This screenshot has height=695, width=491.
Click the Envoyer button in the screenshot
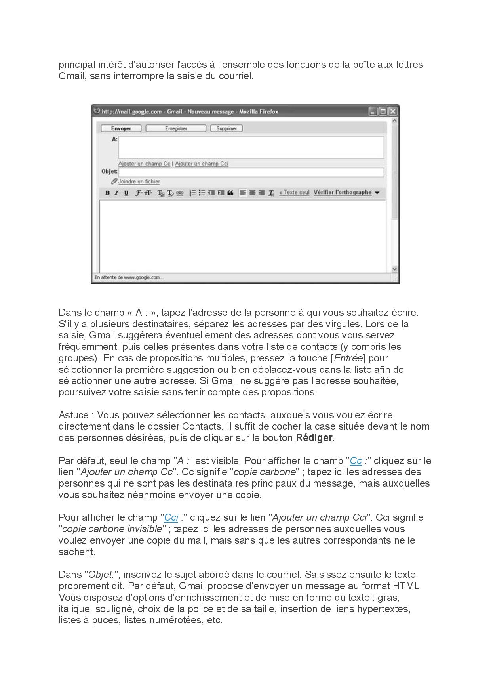pos(121,128)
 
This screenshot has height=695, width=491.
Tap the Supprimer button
pos(226,128)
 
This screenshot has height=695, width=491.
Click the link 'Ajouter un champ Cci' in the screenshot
pos(202,164)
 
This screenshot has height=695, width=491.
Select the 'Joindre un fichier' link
pos(139,181)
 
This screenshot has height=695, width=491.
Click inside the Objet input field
pos(251,172)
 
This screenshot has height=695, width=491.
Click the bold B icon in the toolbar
pos(107,193)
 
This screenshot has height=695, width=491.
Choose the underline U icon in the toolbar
pos(126,193)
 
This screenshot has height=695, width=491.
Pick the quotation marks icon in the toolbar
pos(230,193)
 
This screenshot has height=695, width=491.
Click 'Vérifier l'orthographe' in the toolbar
pos(343,193)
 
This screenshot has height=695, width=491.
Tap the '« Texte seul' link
pos(294,193)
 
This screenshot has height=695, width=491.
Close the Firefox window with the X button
pos(392,111)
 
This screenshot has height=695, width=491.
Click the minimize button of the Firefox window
pos(373,111)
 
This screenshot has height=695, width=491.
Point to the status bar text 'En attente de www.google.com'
pos(129,277)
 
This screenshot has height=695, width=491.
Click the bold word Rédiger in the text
pos(314,438)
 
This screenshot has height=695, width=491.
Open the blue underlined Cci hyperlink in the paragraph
pos(171,517)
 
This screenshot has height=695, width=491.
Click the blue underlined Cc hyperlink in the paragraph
pos(356,461)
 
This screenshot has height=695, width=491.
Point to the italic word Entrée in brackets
pos(348,358)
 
